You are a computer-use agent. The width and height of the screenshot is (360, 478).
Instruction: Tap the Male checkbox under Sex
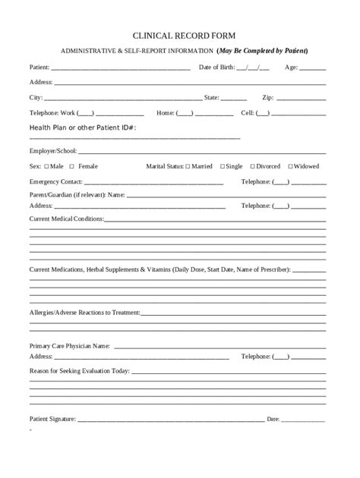pyautogui.click(x=47, y=166)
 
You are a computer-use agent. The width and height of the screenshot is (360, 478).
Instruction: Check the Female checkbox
pyautogui.click(x=71, y=166)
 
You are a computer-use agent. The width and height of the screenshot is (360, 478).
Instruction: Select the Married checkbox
pyautogui.click(x=188, y=166)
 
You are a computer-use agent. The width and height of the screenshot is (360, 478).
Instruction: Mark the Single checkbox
pyautogui.click(x=223, y=166)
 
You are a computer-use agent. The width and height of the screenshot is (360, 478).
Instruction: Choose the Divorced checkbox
pyautogui.click(x=252, y=166)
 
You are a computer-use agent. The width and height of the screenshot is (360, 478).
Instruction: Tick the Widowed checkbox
pyautogui.click(x=290, y=166)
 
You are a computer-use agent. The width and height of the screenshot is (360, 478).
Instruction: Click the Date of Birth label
pyautogui.click(x=216, y=68)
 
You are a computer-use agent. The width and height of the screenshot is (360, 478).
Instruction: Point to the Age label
pyautogui.click(x=291, y=68)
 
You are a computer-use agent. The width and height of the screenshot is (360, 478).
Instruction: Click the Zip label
pyautogui.click(x=267, y=98)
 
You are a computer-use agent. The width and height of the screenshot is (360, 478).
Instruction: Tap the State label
pyautogui.click(x=211, y=98)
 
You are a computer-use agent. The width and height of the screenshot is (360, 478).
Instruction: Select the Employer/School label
pyautogui.click(x=53, y=151)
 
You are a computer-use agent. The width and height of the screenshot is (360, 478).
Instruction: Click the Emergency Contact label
pyautogui.click(x=55, y=182)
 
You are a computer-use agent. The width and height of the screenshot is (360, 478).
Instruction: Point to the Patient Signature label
pyautogui.click(x=52, y=418)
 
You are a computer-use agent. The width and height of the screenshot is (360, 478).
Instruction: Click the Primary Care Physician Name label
pyautogui.click(x=69, y=345)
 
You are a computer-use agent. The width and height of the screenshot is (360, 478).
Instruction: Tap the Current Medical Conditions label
pyautogui.click(x=66, y=219)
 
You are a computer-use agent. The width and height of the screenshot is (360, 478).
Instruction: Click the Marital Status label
pyautogui.click(x=164, y=166)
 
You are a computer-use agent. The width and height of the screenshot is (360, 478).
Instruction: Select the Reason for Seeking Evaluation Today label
pyautogui.click(x=79, y=371)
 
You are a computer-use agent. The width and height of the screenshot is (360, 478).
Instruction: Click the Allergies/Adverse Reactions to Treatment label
pyautogui.click(x=85, y=311)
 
